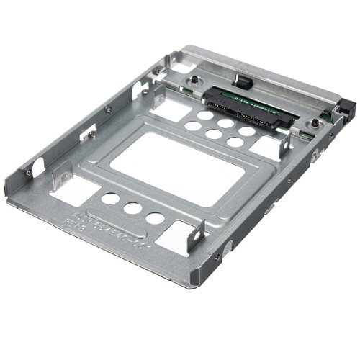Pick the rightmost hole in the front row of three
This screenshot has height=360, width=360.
[x=153, y=218]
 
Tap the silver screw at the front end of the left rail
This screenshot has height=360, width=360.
[x=28, y=173]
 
